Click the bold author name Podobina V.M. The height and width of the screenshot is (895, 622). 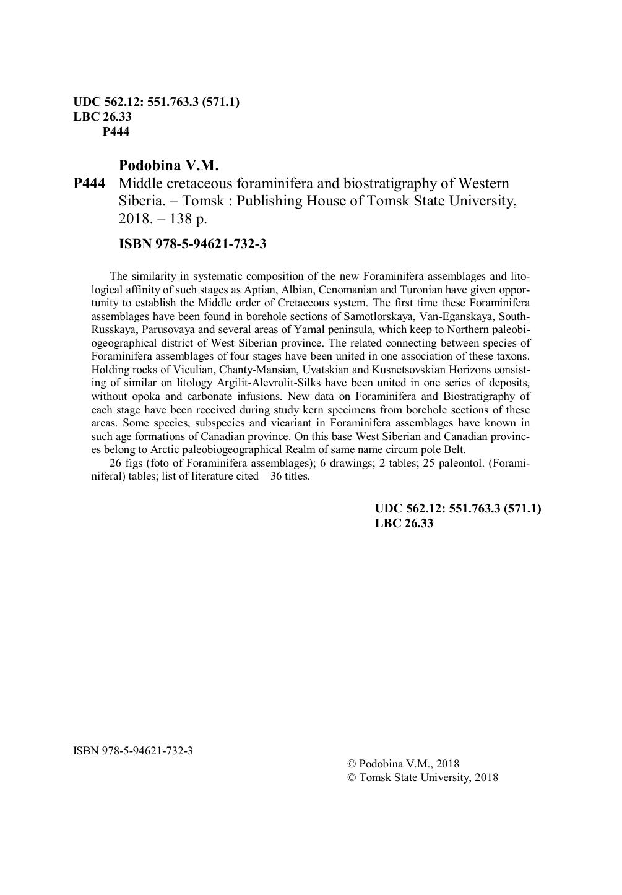pos(169,166)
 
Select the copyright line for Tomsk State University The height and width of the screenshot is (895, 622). pos(423,778)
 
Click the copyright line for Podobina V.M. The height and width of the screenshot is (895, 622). pos(404,764)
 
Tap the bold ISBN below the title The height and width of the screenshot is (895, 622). pos(192,244)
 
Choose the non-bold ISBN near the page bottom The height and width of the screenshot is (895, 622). pos(133,751)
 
